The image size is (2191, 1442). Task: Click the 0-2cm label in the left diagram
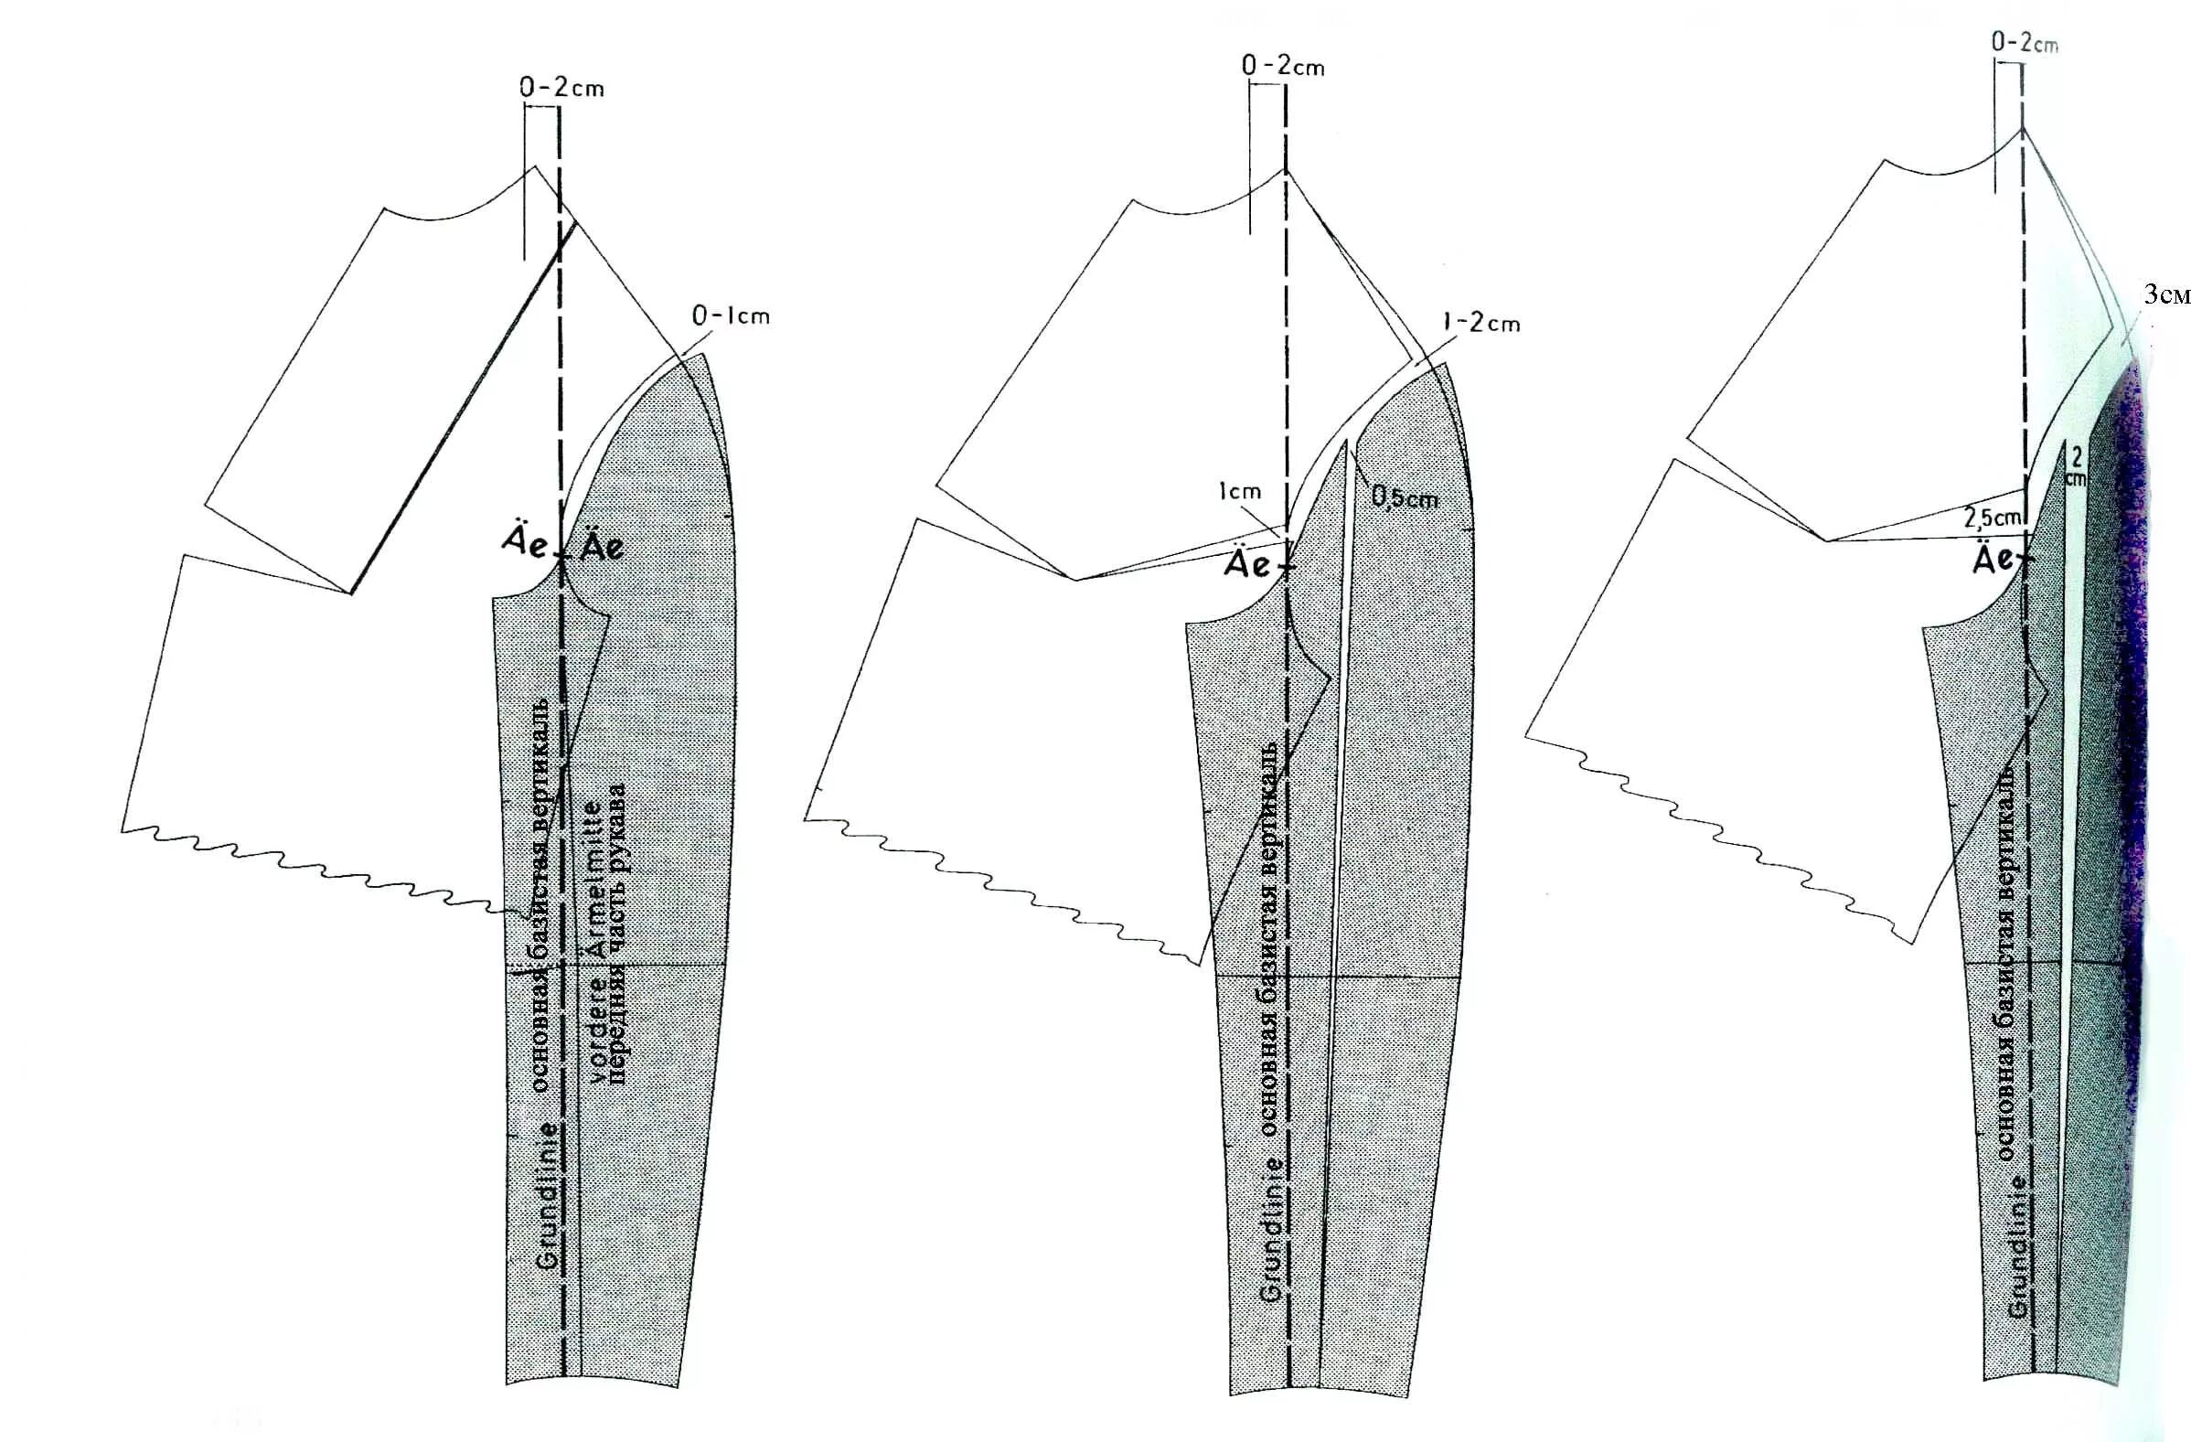tap(561, 89)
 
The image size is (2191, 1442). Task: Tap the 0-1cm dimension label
tap(730, 316)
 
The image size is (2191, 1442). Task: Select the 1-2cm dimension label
tap(1481, 324)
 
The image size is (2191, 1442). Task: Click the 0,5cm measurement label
tap(1405, 498)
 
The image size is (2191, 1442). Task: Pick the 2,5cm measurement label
tap(1993, 518)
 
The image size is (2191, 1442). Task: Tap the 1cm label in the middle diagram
tap(1239, 492)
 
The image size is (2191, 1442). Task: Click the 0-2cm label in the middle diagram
tap(1283, 67)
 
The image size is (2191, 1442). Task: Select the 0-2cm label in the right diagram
tap(2025, 43)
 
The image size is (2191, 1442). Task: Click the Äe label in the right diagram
tap(1994, 560)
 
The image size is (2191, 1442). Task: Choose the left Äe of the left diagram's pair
tap(526, 543)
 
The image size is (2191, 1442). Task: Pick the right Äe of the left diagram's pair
tap(602, 547)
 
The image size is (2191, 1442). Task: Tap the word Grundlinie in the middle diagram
tap(1271, 1229)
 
